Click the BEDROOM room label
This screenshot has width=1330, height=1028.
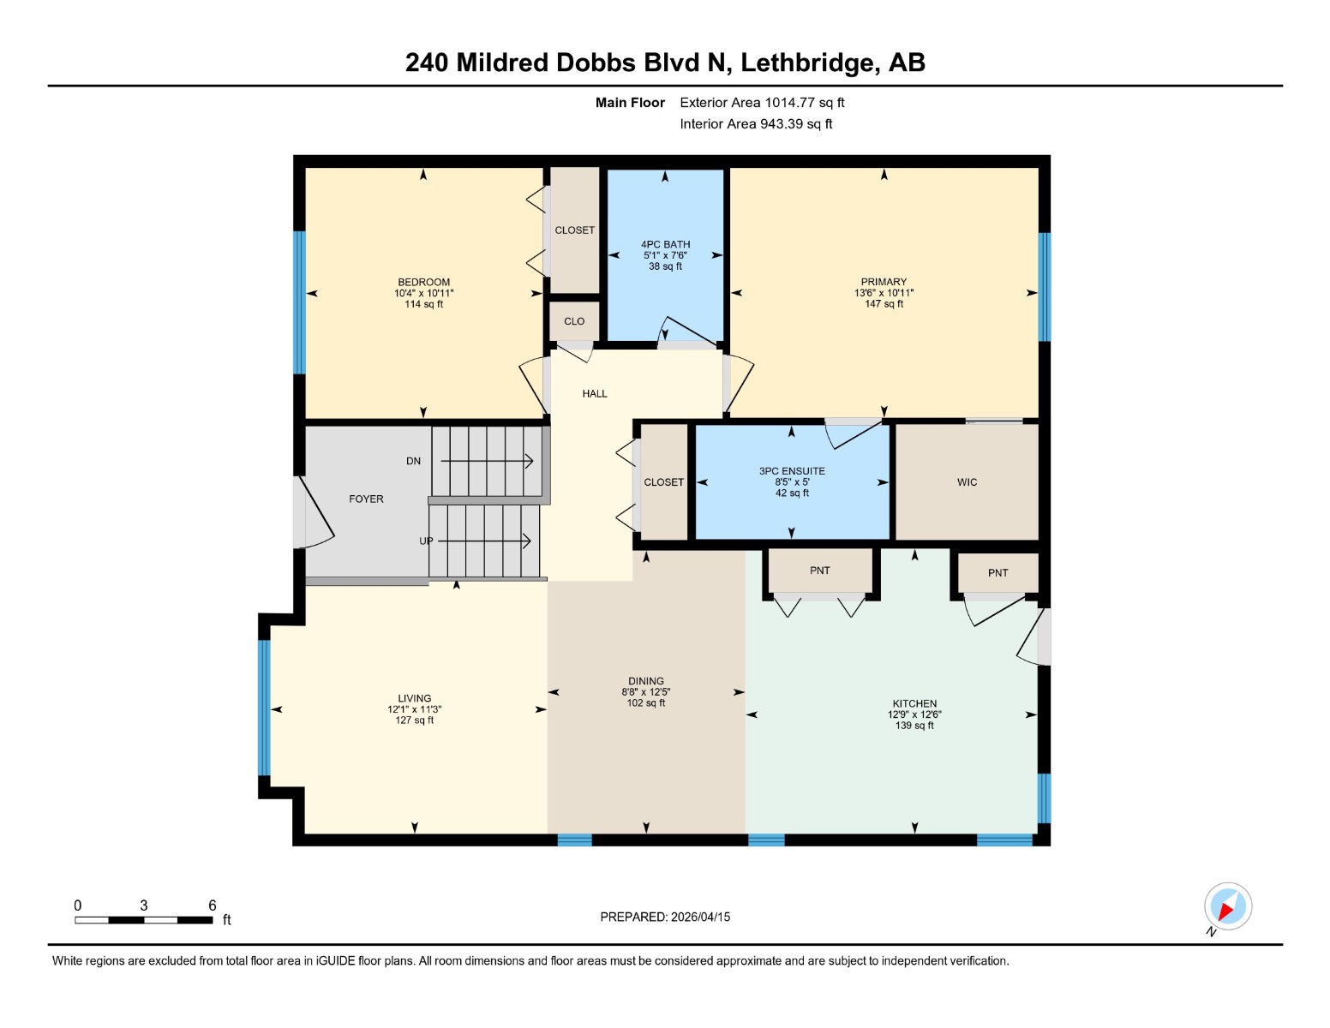[423, 282]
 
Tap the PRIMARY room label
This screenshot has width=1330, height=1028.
[884, 281]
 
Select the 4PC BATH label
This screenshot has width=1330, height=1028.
[665, 244]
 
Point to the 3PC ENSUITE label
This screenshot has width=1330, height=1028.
[792, 471]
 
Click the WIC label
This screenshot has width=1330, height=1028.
[967, 482]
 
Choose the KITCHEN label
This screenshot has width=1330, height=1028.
[914, 703]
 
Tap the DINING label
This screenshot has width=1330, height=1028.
[646, 681]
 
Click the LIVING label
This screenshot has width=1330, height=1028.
[415, 698]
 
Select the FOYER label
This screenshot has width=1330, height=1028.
[366, 499]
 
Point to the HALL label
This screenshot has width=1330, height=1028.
[595, 393]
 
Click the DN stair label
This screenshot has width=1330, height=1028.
[413, 461]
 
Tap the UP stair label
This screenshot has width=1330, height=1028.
[426, 541]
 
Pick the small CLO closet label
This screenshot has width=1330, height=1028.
[574, 321]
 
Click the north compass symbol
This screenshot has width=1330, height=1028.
[1227, 907]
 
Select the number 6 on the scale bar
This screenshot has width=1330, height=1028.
[213, 905]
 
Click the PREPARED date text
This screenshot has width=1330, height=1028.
[665, 917]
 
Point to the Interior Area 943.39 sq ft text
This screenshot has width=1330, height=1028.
[756, 123]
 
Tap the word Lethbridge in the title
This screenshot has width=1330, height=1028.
[807, 63]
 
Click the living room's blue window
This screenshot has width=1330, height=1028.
[264, 708]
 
